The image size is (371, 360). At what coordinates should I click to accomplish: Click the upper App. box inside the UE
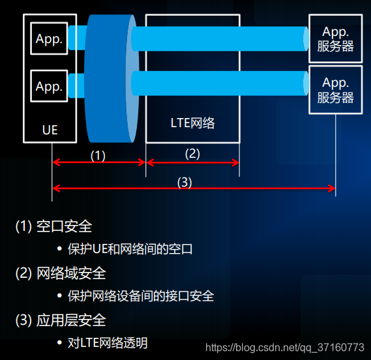pyautogui.click(x=49, y=39)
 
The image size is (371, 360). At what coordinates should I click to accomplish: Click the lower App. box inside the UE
pyautogui.click(x=49, y=86)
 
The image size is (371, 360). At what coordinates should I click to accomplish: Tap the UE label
pyautogui.click(x=50, y=130)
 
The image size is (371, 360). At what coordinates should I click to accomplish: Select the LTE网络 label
pyautogui.click(x=192, y=122)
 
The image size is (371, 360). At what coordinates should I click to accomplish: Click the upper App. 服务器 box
pyautogui.click(x=336, y=38)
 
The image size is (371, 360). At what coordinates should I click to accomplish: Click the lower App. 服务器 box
pyautogui.click(x=336, y=90)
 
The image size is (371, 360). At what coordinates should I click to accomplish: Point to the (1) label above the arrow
pyautogui.click(x=98, y=155)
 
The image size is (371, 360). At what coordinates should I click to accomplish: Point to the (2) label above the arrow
pyautogui.click(x=192, y=154)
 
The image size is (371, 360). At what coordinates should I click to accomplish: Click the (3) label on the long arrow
pyautogui.click(x=185, y=183)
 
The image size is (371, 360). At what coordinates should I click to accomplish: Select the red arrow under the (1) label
pyautogui.click(x=98, y=162)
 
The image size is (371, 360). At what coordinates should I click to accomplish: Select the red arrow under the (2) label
pyautogui.click(x=192, y=162)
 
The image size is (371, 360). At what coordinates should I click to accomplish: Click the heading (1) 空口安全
pyautogui.click(x=53, y=226)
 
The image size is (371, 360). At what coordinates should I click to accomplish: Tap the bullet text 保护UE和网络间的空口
pyautogui.click(x=130, y=248)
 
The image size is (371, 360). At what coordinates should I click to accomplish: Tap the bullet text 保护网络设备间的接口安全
pyautogui.click(x=140, y=295)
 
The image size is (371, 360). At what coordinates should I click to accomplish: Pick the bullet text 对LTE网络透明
pyautogui.click(x=107, y=342)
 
